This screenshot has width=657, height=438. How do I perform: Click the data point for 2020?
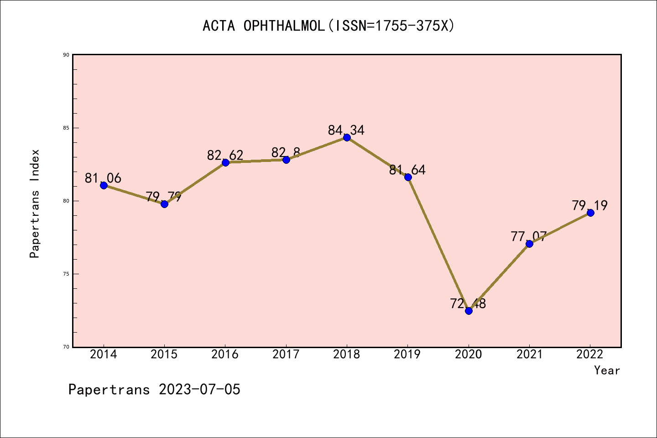469,311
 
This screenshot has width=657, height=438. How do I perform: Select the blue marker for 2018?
347,137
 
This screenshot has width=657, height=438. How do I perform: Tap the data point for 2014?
104,185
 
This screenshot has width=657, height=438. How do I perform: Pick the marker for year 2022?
590,213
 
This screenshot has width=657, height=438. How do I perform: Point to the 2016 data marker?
225,162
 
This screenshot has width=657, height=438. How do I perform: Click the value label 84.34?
346,130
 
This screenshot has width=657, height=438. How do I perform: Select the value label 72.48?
468,303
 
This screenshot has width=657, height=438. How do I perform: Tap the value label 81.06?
103,178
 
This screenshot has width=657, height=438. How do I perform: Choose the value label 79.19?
590,206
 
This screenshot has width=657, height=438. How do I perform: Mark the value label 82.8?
286,152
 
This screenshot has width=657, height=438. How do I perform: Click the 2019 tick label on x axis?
407,355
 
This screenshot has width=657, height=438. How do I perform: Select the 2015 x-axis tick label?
164,355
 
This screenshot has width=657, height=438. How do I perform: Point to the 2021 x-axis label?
529,355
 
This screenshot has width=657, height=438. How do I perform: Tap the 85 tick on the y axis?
66,128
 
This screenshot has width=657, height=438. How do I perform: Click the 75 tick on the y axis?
66,274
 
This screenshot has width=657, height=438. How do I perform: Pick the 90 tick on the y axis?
66,55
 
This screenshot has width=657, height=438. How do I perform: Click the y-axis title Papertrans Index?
35,203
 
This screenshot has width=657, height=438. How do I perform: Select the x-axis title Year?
607,370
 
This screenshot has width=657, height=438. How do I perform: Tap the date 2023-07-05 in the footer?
199,390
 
